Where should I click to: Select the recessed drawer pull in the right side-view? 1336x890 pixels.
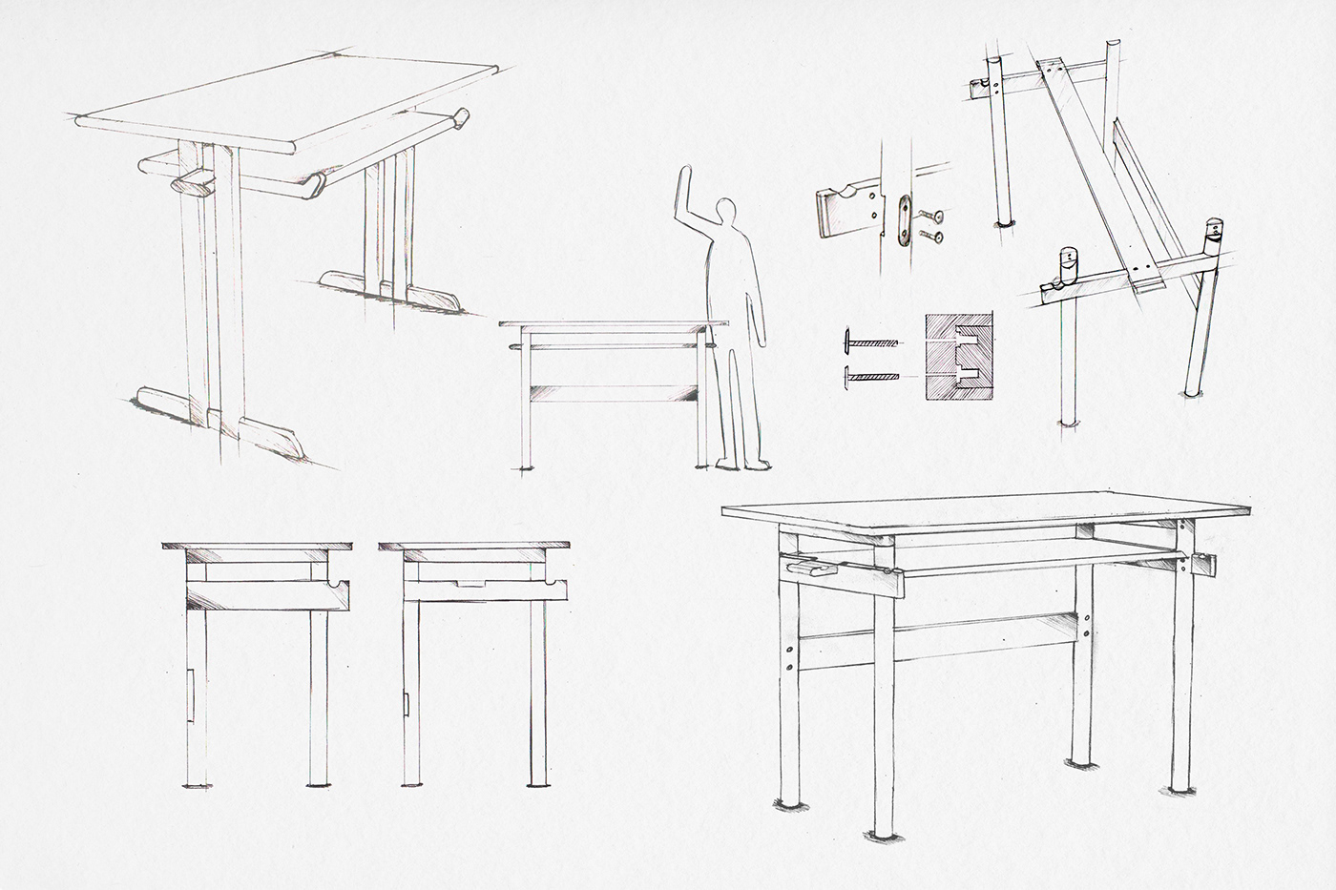pyautogui.click(x=469, y=583)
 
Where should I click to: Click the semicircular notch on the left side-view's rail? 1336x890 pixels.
pyautogui.click(x=335, y=581)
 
